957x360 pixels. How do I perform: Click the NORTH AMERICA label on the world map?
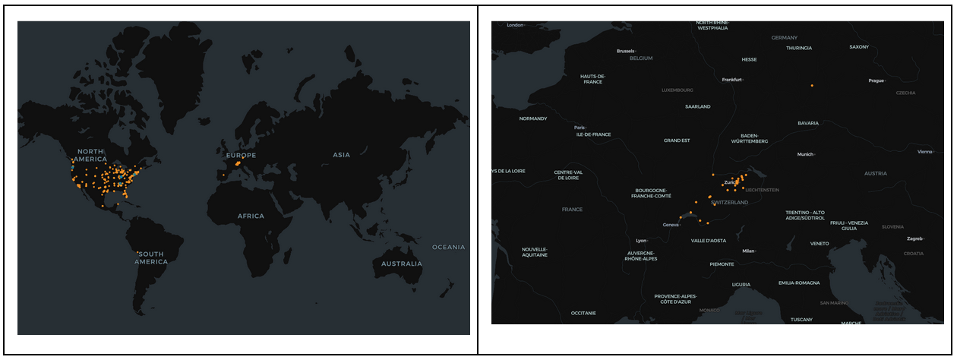point(90,155)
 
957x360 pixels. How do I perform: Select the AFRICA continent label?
point(251,216)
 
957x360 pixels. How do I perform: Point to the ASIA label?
point(341,155)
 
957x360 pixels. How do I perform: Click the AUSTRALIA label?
point(402,264)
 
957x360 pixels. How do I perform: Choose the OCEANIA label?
point(448,247)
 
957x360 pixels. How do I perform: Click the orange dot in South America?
point(137,252)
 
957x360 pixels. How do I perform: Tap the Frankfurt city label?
point(731,79)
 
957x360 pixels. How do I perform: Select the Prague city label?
point(876,81)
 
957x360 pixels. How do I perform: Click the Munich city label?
point(805,154)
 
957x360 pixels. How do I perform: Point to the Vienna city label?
point(924,152)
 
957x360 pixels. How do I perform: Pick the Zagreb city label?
point(914,238)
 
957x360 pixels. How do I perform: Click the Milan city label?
point(748,251)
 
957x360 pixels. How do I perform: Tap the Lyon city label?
point(641,240)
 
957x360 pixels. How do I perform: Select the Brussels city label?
point(625,51)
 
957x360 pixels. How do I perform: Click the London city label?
point(515,25)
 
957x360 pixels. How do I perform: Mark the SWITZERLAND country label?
point(730,203)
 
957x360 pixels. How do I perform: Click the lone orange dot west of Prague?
point(812,86)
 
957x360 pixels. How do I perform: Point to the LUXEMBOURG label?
point(677,90)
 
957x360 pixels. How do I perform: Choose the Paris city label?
point(580,127)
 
